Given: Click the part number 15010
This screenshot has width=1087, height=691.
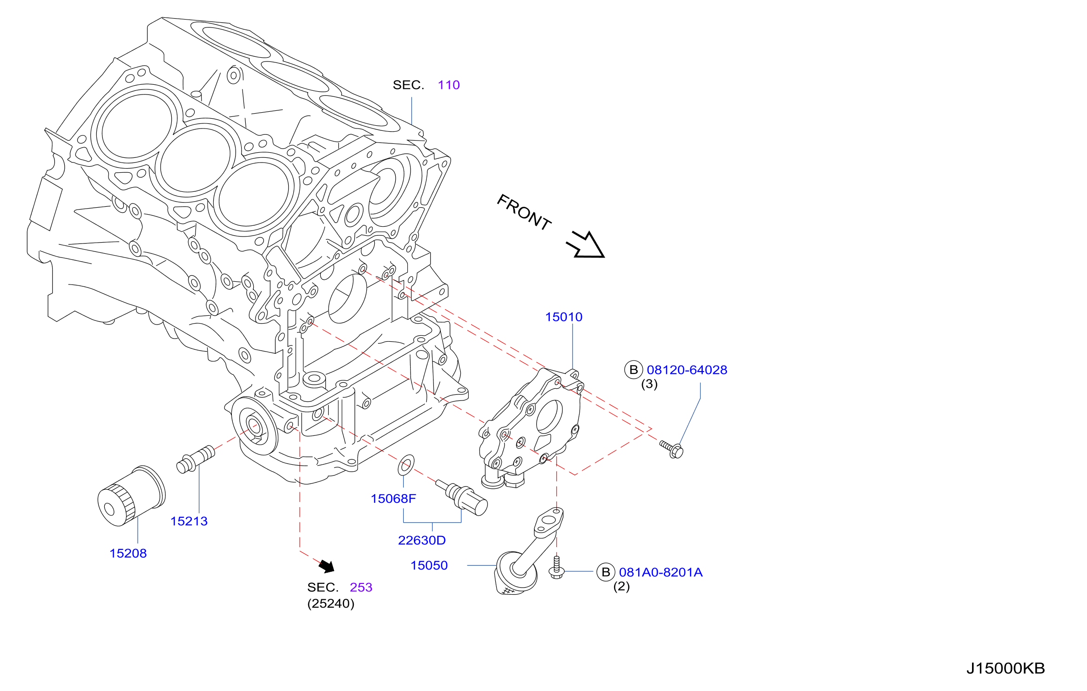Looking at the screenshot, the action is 564,317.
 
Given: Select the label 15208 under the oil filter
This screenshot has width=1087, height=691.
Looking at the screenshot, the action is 128,554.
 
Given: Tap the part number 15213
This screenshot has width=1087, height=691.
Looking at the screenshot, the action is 189,522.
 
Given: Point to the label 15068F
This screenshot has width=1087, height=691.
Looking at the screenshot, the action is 393,499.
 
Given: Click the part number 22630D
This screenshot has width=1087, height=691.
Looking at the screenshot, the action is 422,541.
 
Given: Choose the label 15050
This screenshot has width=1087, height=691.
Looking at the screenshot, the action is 429,566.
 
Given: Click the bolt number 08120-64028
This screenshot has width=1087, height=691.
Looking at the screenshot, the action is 687,370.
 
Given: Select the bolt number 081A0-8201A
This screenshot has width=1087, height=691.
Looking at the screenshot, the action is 661,573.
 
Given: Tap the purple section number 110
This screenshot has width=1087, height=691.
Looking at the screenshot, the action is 449,85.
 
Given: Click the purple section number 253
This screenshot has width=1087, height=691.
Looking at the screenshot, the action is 361,588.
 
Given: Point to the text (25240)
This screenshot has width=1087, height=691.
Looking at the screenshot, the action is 331,604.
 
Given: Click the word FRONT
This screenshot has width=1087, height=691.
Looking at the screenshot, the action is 524,212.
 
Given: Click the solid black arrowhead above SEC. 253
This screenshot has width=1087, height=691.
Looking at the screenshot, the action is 327,566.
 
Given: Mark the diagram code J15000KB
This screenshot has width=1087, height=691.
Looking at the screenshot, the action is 1006,669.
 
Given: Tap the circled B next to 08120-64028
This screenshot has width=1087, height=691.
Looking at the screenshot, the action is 634,370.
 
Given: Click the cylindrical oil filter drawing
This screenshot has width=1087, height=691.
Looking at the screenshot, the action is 131,496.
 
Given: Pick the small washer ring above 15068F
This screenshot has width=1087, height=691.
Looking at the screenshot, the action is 406,465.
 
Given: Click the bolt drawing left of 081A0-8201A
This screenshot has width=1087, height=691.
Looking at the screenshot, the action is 557,568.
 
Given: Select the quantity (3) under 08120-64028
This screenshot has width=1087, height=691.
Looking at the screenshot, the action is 649,385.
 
